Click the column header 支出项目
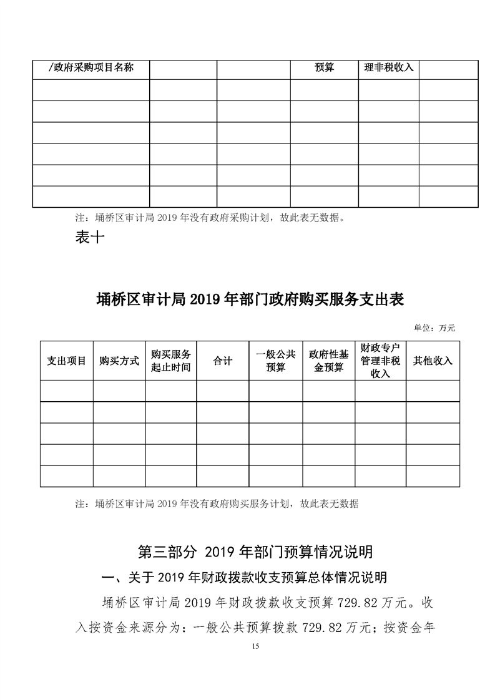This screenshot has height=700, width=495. (67, 361)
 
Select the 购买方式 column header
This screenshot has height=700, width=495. (119, 361)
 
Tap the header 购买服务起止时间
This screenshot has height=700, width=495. (171, 361)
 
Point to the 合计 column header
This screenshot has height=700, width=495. (223, 361)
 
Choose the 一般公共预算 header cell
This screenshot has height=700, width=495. (275, 361)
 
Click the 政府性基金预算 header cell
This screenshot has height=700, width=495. (328, 361)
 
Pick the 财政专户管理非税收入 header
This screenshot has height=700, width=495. (380, 361)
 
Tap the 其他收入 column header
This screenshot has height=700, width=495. (433, 361)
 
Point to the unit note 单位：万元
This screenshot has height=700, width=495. (434, 327)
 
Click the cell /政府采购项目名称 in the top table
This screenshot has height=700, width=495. (91, 67)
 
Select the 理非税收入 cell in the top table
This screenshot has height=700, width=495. (389, 67)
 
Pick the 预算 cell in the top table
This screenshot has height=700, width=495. (325, 67)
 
